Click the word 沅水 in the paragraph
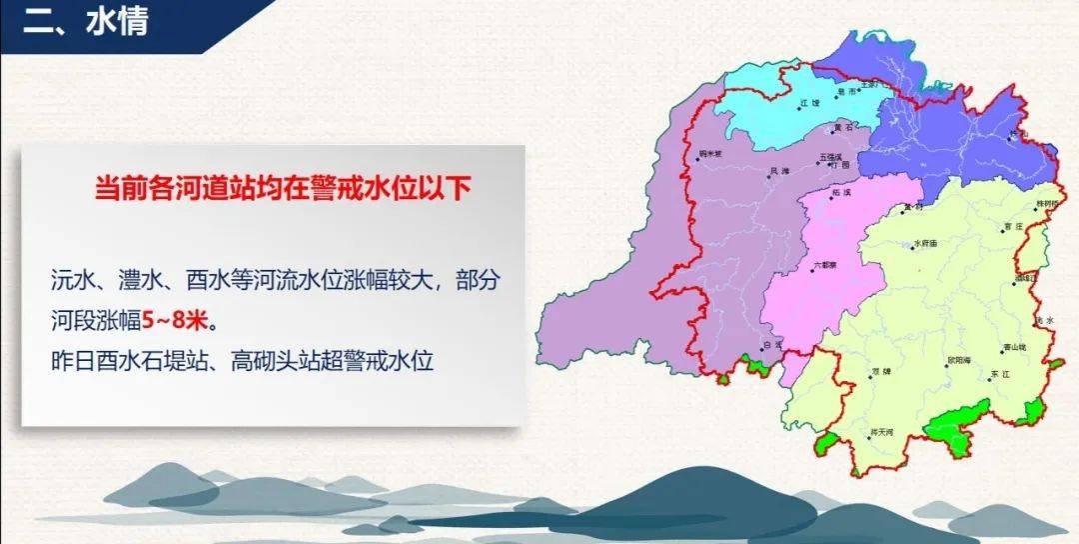(x=73, y=281)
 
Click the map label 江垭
(x=810, y=102)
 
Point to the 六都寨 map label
(x=823, y=265)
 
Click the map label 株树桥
(x=1046, y=202)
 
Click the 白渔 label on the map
(x=771, y=343)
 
